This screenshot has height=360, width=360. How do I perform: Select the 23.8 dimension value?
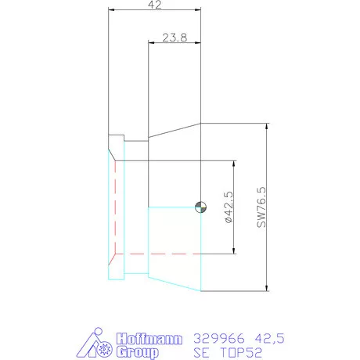tap(174, 37)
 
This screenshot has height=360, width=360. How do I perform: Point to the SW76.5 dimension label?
tap(261, 207)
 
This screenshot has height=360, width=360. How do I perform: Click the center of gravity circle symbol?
tap(201, 207)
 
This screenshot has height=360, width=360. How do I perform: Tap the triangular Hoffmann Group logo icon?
tap(98, 344)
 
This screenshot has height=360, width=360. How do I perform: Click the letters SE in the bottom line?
tap(201, 352)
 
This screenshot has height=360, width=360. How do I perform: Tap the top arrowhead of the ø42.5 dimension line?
tap(234, 165)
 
